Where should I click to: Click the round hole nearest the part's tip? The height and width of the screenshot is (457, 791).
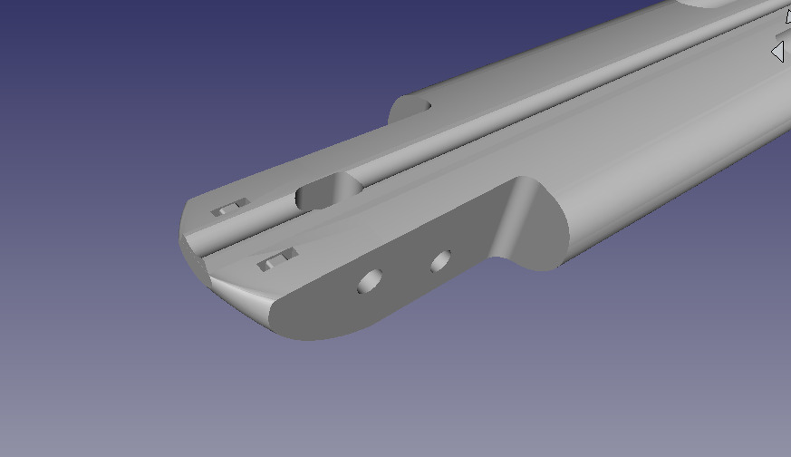coord(370,282)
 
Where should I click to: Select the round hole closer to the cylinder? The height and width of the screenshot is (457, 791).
coord(441,262)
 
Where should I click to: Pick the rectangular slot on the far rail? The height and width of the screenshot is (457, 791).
coord(229,209)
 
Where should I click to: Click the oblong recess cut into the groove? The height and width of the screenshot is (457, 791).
coord(328,191)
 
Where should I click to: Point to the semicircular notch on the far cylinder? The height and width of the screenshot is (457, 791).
coord(410,109)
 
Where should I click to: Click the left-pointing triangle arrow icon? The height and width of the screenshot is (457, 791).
coord(777,53)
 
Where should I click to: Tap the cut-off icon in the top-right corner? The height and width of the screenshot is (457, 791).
coord(786,15)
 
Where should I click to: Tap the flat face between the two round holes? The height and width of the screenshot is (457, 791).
coord(406,272)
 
